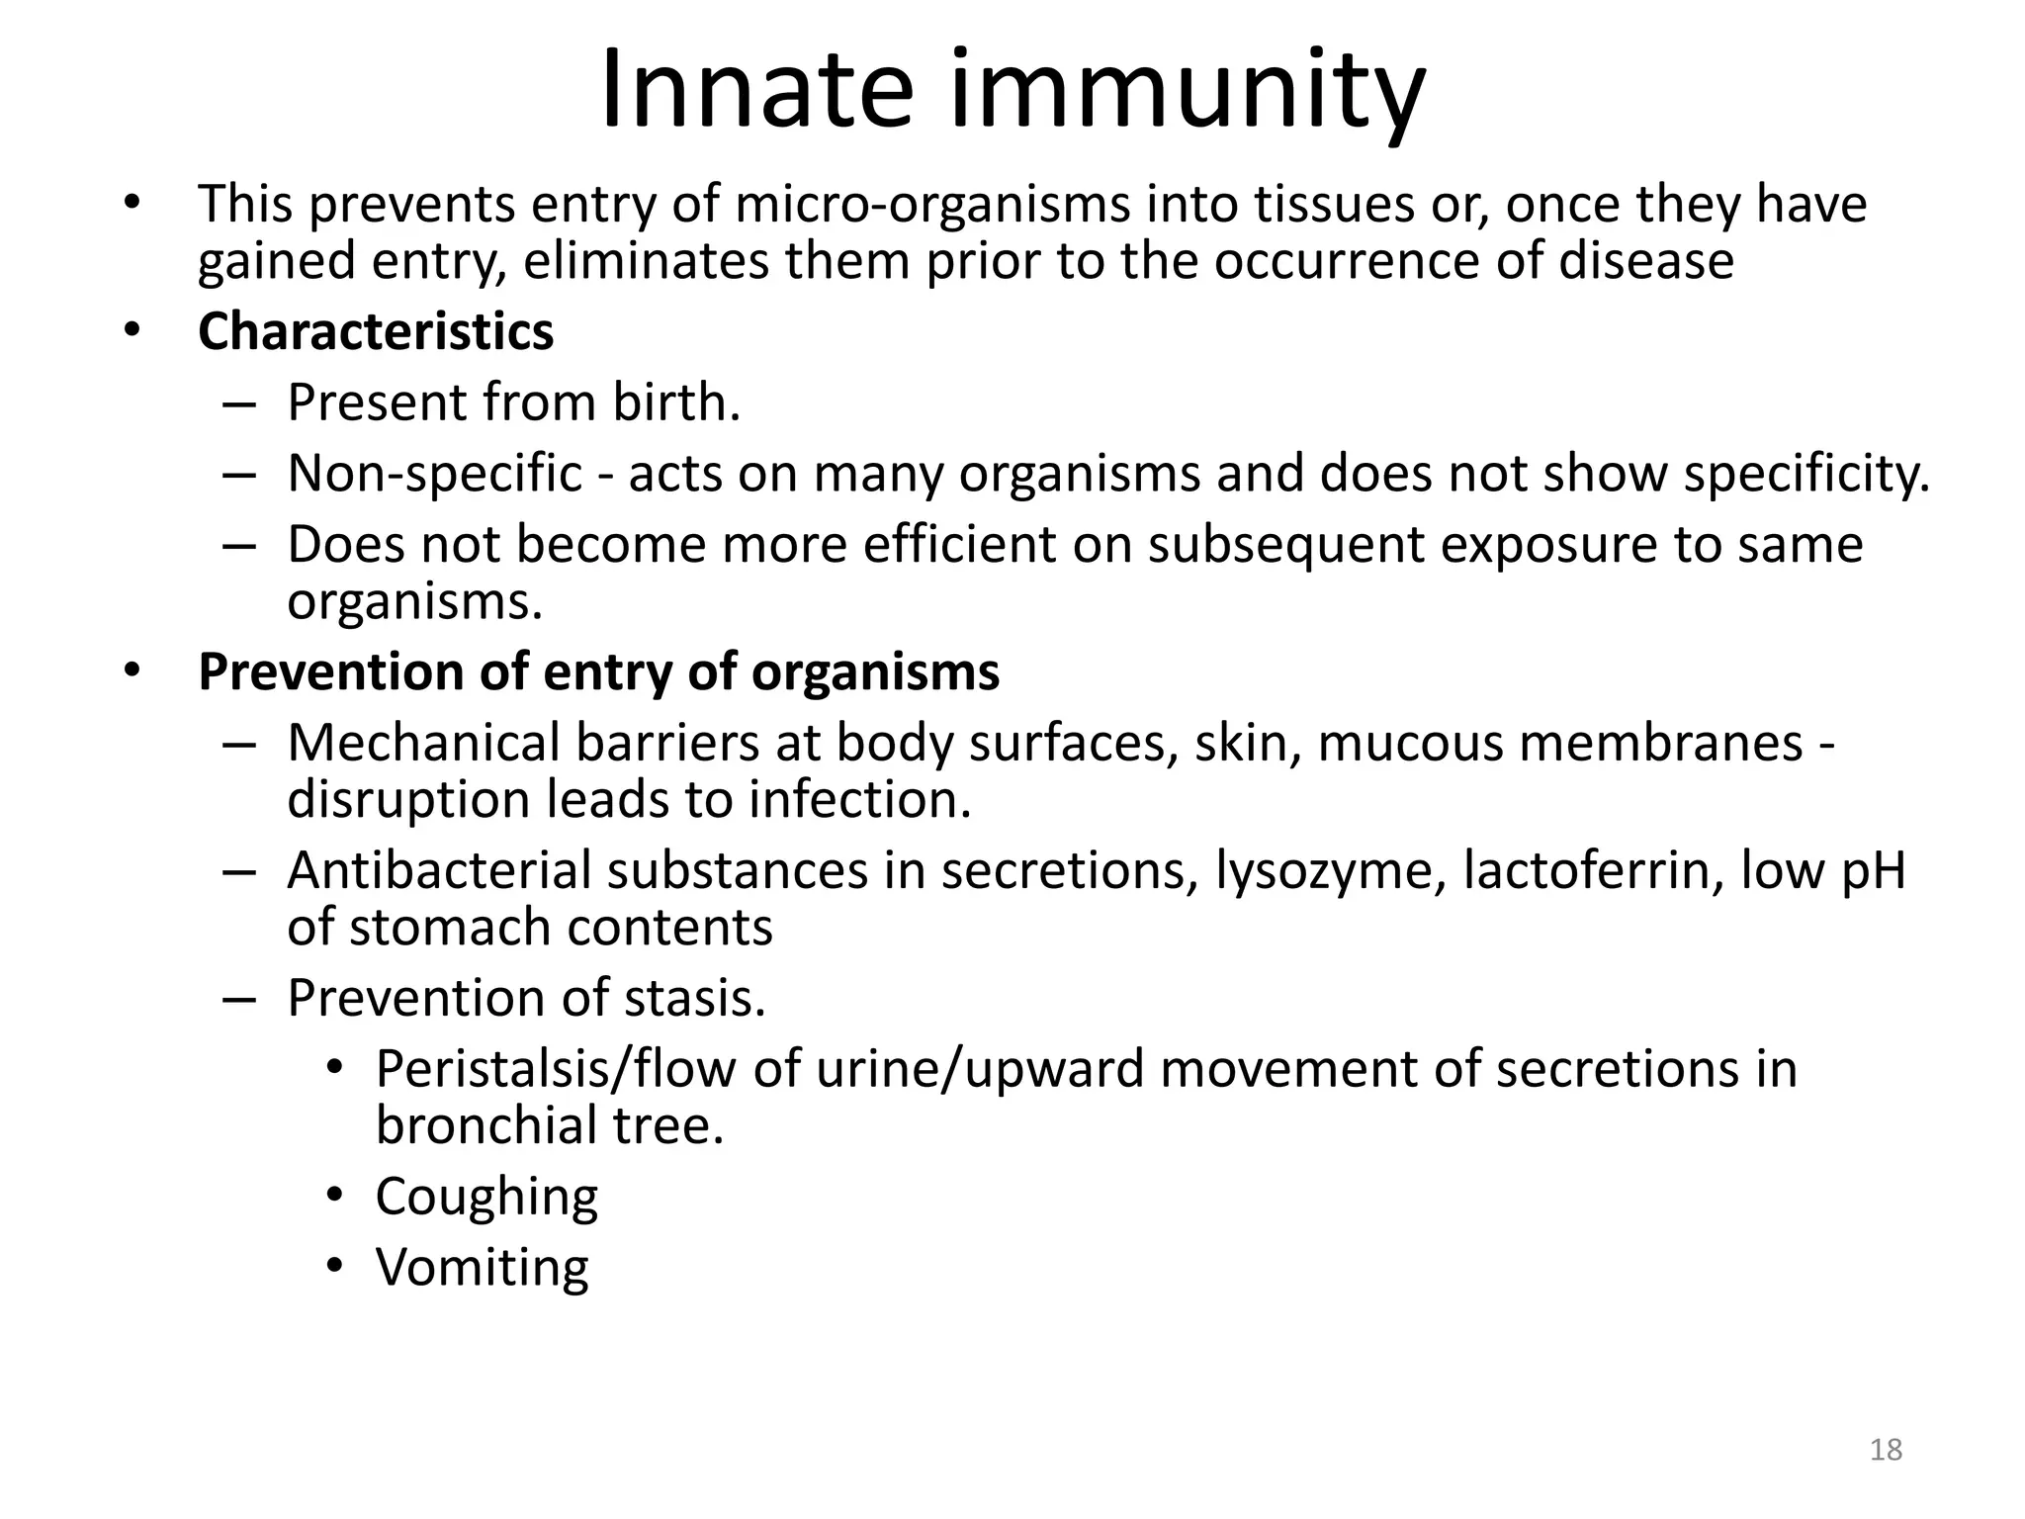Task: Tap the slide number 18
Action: [x=1887, y=1450]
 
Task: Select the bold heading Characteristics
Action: [x=376, y=331]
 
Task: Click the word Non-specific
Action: [x=435, y=474]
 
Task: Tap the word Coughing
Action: [x=486, y=1198]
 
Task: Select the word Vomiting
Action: [x=482, y=1268]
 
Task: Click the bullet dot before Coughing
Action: [x=335, y=1197]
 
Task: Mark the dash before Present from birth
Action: [x=239, y=403]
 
